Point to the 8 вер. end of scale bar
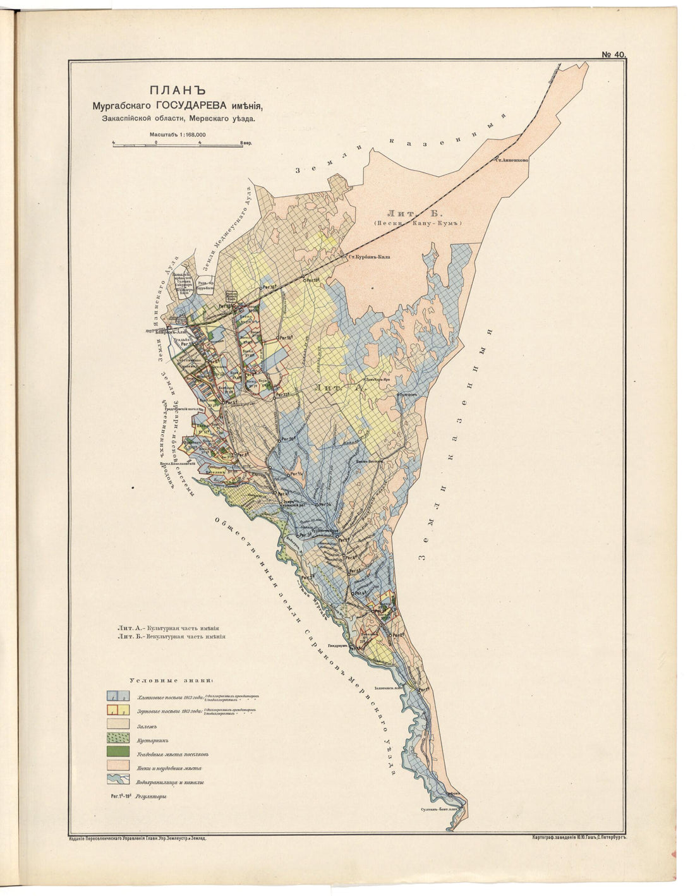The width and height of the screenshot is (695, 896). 244,144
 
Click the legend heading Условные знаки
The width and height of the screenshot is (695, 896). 171,681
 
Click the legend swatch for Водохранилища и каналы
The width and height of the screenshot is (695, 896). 119,782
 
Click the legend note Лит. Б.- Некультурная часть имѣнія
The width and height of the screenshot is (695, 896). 171,638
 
